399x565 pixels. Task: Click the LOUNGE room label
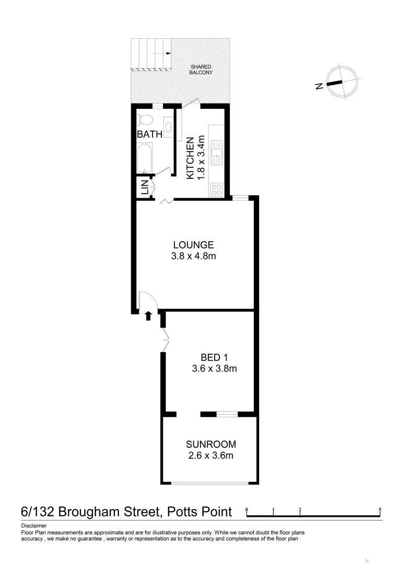[x=193, y=244]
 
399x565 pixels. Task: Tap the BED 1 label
[x=215, y=357]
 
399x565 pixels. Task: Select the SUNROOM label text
[x=211, y=444]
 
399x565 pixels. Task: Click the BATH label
[x=149, y=134]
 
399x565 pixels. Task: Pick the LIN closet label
[x=143, y=188]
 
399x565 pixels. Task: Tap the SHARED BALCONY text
[x=201, y=69]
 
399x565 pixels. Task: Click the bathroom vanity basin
[x=169, y=127]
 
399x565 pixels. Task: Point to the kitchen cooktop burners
[x=217, y=189]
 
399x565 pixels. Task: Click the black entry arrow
[x=148, y=315]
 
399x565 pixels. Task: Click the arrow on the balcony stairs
[x=166, y=53]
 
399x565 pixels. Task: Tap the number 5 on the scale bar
[x=380, y=509]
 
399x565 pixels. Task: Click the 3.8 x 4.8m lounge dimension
[x=193, y=256]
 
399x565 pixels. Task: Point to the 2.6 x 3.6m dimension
[x=211, y=456]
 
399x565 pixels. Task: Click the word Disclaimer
[x=34, y=526]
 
